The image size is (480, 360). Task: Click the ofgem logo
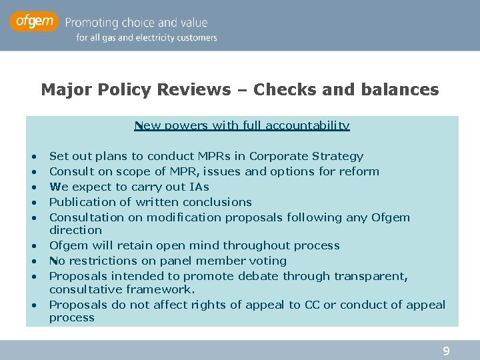(35, 22)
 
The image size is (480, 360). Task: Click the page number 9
(447, 351)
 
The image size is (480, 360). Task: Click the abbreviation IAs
(198, 187)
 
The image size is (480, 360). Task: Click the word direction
(75, 230)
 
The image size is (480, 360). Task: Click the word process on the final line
(72, 318)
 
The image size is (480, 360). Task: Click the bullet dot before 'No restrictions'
(33, 261)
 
